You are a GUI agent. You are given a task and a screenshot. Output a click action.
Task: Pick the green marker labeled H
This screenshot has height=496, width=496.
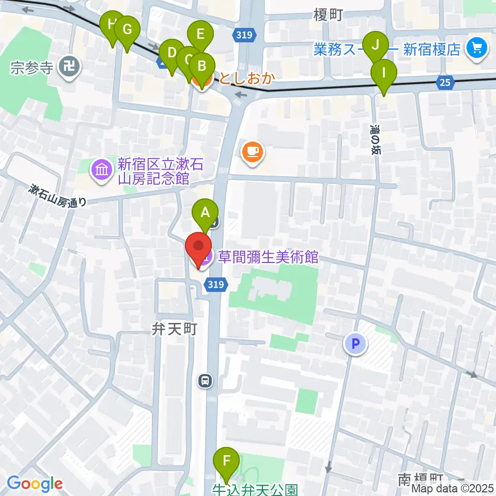coord(112,24)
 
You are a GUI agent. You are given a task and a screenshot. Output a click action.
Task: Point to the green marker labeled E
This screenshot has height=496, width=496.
coord(201,35)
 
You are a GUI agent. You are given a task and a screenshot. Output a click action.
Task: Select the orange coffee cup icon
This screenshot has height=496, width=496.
coord(252,151)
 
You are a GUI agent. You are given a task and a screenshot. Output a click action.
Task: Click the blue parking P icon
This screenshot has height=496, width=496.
coord(355,342)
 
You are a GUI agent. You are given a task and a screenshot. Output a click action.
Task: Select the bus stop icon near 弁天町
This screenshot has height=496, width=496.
coord(205,381)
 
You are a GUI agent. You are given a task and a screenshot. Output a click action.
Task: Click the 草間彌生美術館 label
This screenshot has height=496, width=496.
coord(268,257)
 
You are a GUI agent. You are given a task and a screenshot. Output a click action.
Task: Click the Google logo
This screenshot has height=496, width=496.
coord(35,484)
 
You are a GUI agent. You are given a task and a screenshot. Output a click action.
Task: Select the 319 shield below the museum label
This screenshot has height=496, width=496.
coord(216,284)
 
